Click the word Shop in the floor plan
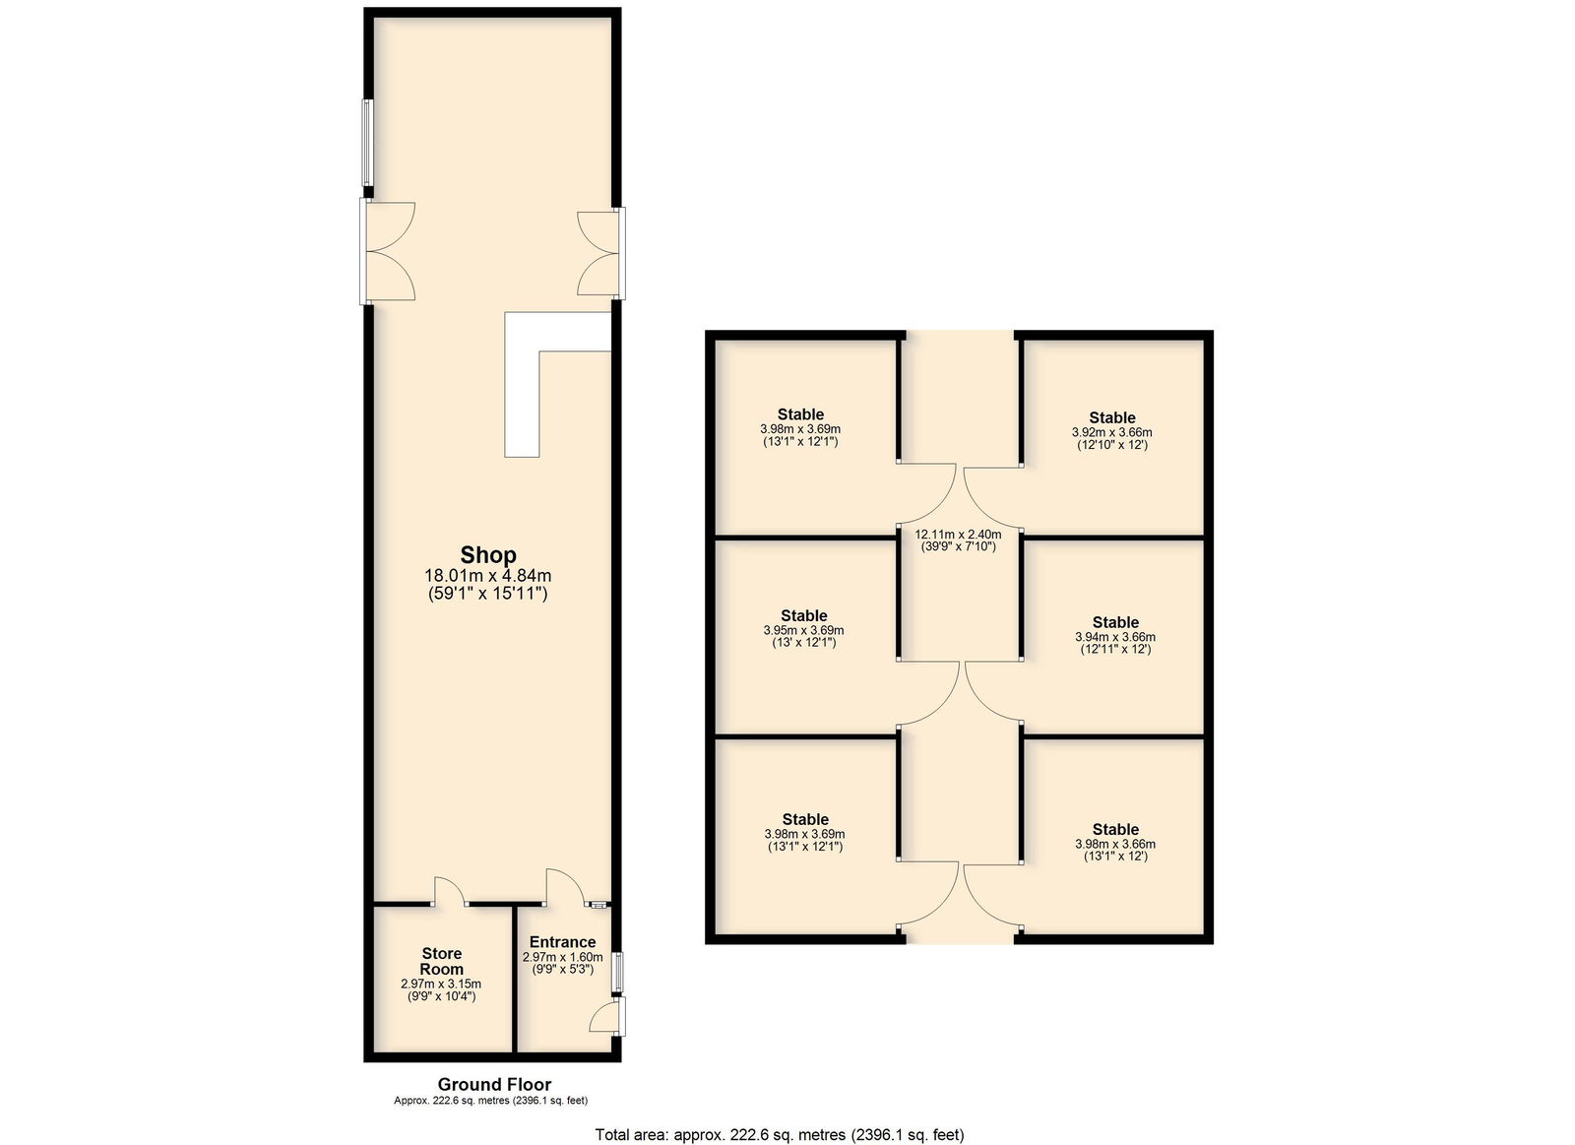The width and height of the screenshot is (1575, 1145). tap(488, 555)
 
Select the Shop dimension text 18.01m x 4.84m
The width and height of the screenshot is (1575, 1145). tap(488, 576)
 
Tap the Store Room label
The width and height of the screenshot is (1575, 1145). tap(442, 962)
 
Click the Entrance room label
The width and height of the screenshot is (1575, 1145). tap(562, 942)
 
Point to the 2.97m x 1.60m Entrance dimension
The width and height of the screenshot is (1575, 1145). tap(562, 957)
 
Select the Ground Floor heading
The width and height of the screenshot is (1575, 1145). tap(494, 1084)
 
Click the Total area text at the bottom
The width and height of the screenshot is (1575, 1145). tap(780, 1134)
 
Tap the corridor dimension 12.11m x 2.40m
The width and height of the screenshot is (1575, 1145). tap(959, 534)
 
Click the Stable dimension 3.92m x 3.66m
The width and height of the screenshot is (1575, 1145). tap(1111, 432)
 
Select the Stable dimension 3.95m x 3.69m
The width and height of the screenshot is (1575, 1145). tap(803, 630)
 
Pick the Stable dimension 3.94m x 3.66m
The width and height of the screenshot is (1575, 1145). tap(1115, 637)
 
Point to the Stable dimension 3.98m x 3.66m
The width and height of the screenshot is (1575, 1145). tap(1115, 844)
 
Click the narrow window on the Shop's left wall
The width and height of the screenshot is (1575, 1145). tap(367, 144)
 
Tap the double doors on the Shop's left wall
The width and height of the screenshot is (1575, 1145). tap(387, 252)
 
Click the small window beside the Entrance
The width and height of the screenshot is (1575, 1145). tap(617, 972)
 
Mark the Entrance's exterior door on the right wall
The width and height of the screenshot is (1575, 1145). tap(607, 1016)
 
